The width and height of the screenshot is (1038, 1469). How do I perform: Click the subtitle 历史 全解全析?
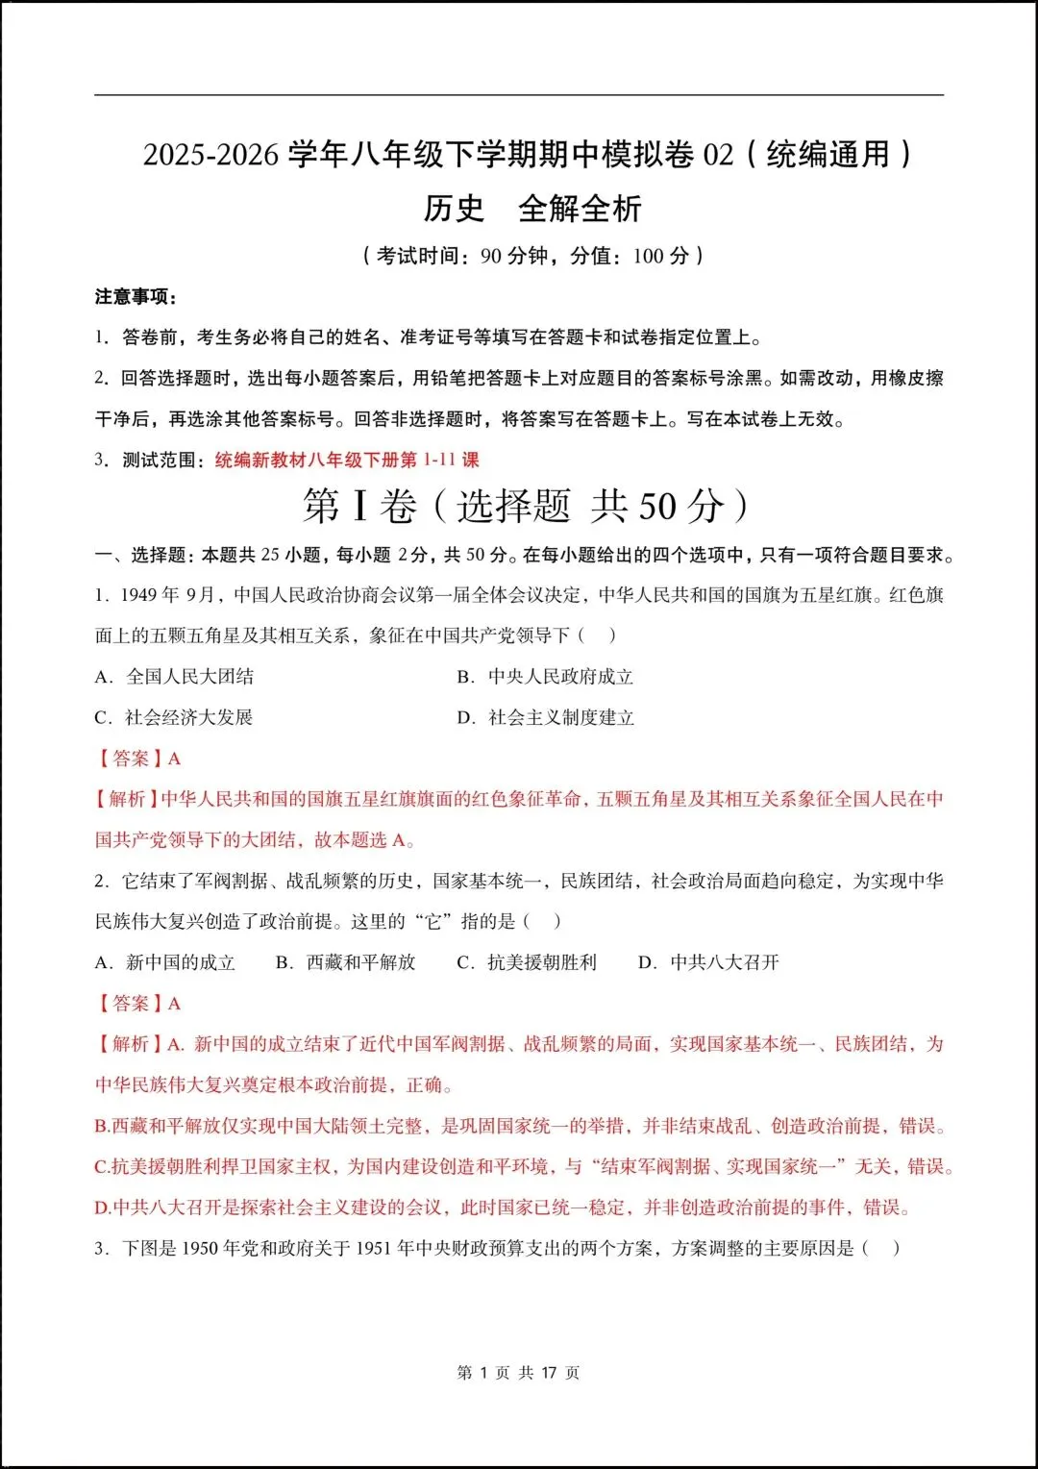[x=531, y=208]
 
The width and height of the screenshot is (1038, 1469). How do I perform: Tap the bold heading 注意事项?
[x=136, y=296]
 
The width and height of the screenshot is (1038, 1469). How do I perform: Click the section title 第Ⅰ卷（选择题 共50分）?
[x=525, y=506]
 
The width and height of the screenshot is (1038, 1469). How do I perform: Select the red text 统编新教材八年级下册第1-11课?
[x=346, y=460]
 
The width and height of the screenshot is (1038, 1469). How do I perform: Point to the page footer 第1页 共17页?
[x=518, y=1373]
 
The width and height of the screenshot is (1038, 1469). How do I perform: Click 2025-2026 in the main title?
[x=210, y=155]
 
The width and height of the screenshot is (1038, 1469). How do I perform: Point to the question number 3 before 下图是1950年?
[x=100, y=1248]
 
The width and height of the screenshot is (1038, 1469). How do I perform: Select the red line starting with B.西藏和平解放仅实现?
[x=520, y=1126]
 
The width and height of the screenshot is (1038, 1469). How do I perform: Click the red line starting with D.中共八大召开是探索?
[x=501, y=1208]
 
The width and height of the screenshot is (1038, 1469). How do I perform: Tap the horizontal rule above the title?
[x=519, y=95]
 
